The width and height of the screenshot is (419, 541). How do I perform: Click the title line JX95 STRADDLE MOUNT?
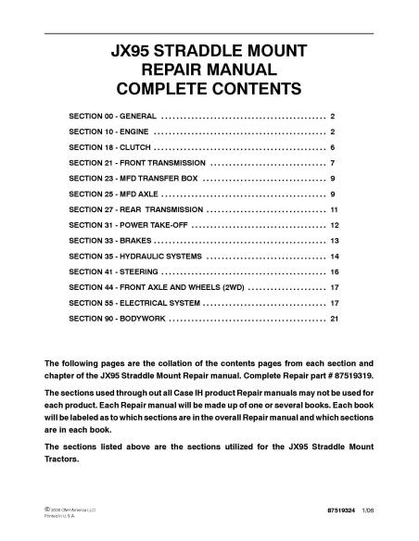(x=209, y=50)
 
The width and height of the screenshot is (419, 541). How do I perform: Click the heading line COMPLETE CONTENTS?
(x=209, y=89)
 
